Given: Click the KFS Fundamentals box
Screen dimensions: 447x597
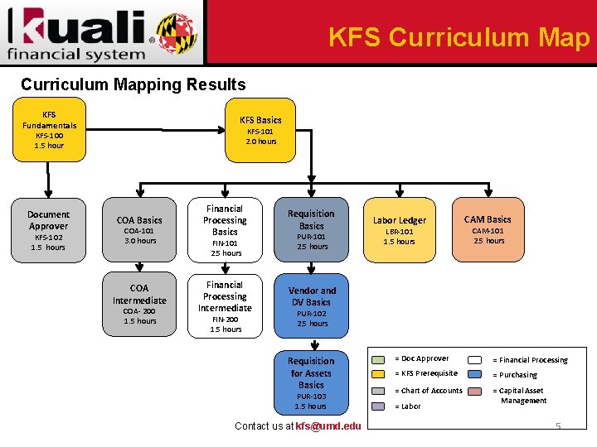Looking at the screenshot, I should [49, 130].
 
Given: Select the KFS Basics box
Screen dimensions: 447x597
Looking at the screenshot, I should [260, 130].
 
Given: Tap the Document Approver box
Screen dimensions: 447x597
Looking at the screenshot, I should [49, 229].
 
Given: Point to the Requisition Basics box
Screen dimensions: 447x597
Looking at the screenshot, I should [312, 229].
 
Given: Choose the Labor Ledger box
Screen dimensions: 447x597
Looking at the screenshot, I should [399, 229].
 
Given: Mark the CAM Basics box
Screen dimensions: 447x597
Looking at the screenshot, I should [488, 228].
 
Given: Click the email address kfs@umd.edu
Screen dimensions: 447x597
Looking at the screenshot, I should [328, 426].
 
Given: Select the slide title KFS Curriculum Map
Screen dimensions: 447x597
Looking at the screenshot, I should [459, 37].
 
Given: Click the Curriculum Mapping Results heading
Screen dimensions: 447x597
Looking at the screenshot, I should [133, 84].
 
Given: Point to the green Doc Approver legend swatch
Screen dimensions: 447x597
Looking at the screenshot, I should [379, 359].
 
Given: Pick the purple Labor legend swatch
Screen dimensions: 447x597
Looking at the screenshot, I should [379, 406].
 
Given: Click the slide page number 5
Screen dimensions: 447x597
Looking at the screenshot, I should [558, 426].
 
